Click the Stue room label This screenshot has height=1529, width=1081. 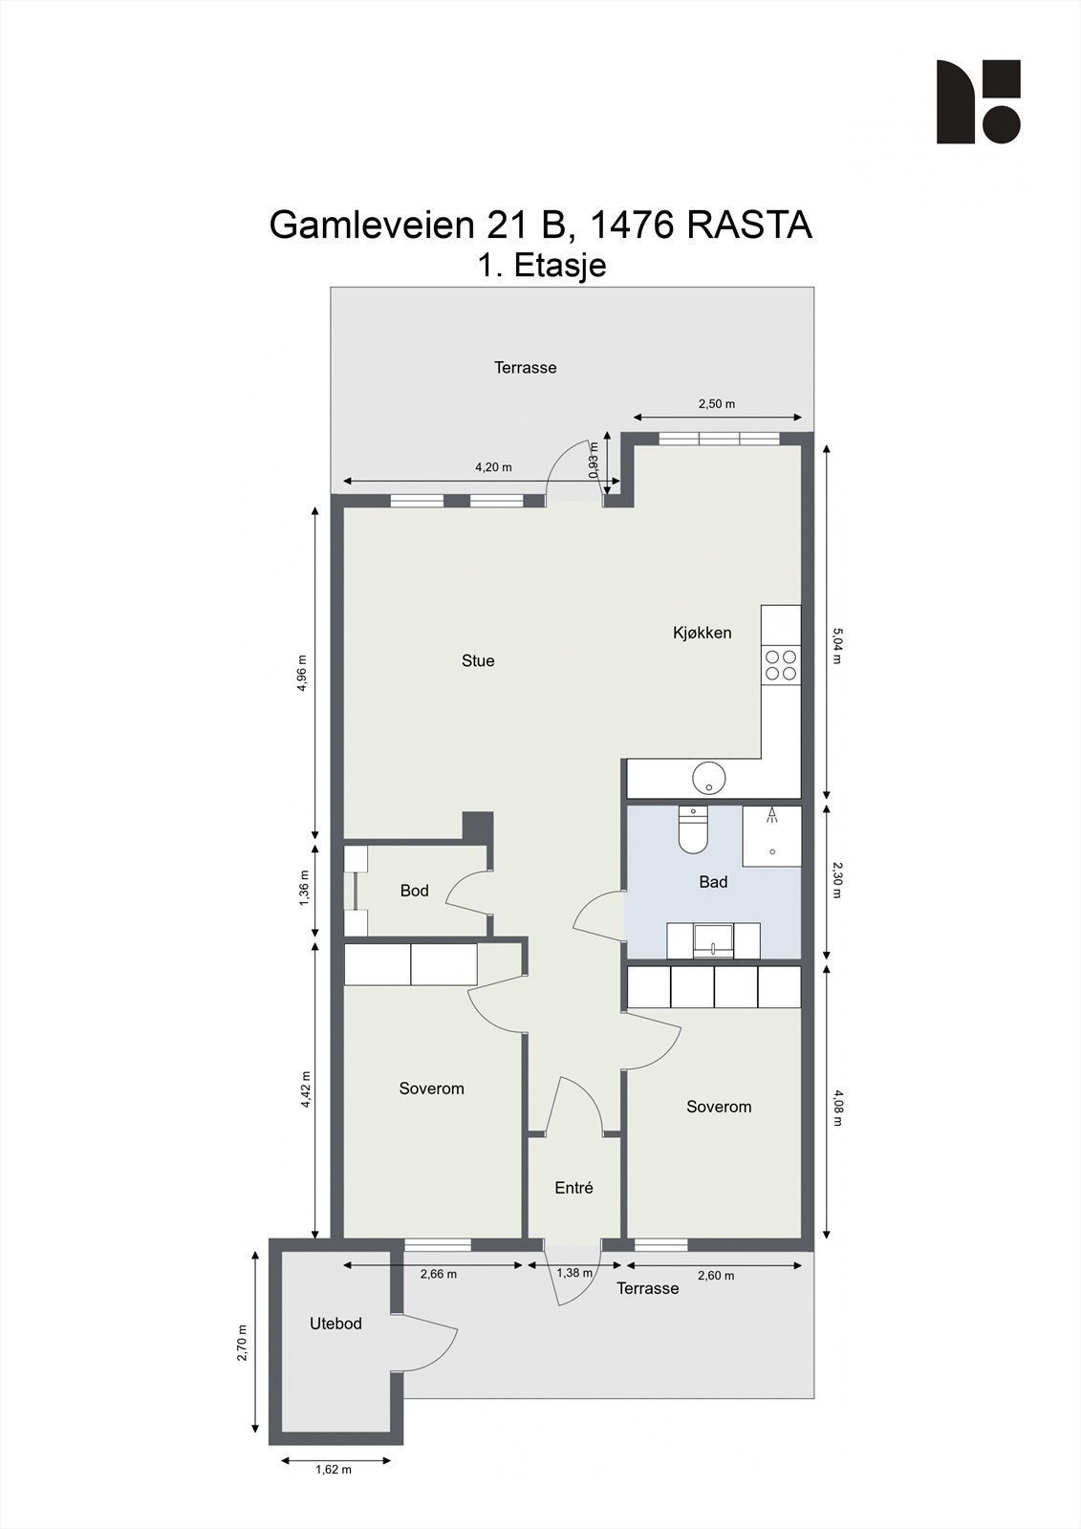[x=478, y=660]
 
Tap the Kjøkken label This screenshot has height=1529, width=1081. [x=702, y=633]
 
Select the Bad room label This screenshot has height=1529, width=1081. [x=713, y=882]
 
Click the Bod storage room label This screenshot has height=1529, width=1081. [x=414, y=891]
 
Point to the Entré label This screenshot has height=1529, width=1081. [x=573, y=1188]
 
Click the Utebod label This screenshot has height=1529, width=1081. [x=335, y=1324]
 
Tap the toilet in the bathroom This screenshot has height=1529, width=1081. [x=691, y=831]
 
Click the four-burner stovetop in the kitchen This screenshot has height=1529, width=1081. [x=780, y=664]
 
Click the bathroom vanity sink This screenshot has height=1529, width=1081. [x=713, y=940]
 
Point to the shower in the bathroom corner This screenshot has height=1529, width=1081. [x=771, y=835]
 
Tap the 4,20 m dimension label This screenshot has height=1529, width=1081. [x=493, y=467]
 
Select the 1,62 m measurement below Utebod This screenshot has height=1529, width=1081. [x=334, y=1469]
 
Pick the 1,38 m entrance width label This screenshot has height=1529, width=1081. [x=574, y=1273]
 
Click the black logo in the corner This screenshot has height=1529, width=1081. [x=978, y=102]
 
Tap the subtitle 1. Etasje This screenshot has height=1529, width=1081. [x=542, y=265]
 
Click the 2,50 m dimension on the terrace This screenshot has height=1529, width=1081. [x=717, y=404]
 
